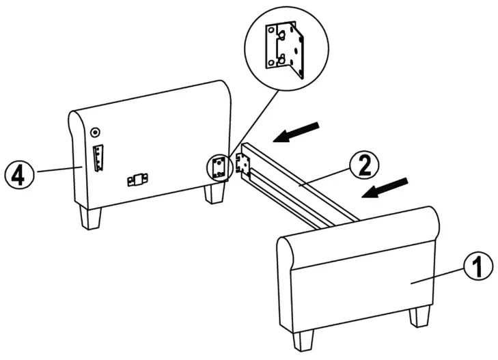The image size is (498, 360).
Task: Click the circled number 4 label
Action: [x=18, y=174]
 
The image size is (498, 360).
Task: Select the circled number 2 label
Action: [x=363, y=165]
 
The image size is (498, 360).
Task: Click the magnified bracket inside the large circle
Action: [x=286, y=52]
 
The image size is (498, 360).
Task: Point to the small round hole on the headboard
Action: [x=95, y=132]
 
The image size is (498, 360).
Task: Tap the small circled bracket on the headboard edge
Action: [x=219, y=167]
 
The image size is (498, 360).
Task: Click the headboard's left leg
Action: [x=89, y=217]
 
